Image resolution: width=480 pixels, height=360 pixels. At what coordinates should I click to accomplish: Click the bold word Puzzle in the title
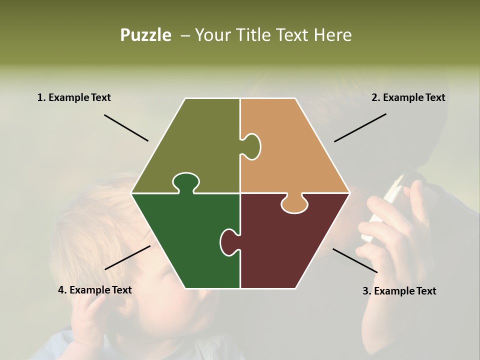pyautogui.click(x=145, y=35)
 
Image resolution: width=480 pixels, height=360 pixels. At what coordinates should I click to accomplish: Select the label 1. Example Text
pyautogui.click(x=74, y=97)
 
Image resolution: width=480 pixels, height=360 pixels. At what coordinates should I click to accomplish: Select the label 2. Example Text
pyautogui.click(x=408, y=97)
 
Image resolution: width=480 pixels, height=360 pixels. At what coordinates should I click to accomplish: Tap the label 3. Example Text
pyautogui.click(x=399, y=291)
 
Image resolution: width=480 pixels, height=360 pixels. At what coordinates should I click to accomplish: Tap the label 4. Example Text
pyautogui.click(x=95, y=290)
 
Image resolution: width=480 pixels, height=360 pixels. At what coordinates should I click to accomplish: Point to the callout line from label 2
pyautogui.click(x=360, y=127)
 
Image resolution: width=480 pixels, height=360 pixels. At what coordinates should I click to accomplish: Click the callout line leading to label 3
pyautogui.click(x=355, y=260)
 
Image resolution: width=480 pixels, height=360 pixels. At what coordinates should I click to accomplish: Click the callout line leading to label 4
pyautogui.click(x=127, y=257)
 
